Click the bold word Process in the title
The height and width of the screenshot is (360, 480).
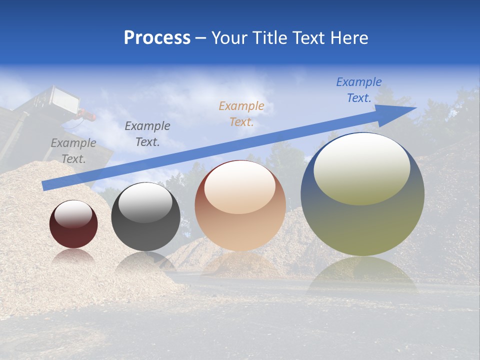[x=157, y=38]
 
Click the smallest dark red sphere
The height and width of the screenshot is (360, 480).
[x=73, y=224]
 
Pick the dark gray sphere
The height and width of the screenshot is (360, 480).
[x=145, y=217]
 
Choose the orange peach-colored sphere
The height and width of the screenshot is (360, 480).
[x=240, y=206]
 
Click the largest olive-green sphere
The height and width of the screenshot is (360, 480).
[x=362, y=194]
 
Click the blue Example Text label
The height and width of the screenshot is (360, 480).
[x=358, y=90]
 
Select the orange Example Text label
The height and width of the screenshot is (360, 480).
[x=241, y=113]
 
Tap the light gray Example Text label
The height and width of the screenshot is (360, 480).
[x=73, y=151]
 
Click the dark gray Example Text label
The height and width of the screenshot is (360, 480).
[x=147, y=134]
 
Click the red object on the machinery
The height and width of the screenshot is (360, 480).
[x=88, y=116]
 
